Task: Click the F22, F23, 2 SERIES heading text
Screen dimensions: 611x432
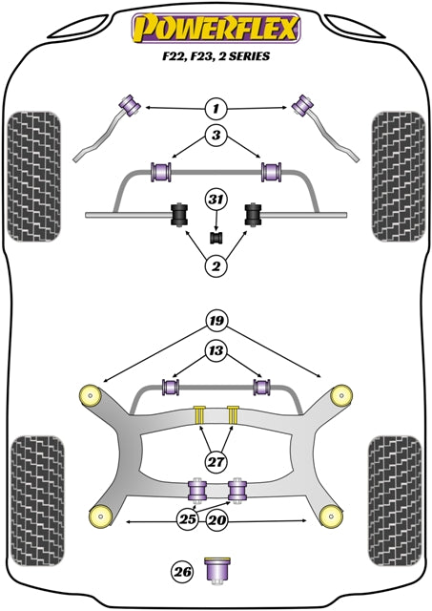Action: pyautogui.click(x=216, y=56)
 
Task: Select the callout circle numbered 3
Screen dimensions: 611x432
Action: pyautogui.click(x=216, y=137)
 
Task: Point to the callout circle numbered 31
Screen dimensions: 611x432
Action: pyautogui.click(x=216, y=199)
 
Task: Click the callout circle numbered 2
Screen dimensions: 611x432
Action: pyautogui.click(x=216, y=266)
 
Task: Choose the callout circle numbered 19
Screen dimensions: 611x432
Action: pyautogui.click(x=216, y=321)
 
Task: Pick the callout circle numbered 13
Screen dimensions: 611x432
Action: pyautogui.click(x=216, y=352)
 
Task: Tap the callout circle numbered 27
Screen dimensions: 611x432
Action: pyautogui.click(x=216, y=462)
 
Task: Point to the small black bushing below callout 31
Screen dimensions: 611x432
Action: pyautogui.click(x=216, y=236)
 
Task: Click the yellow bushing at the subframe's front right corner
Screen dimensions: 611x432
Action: pyautogui.click(x=339, y=394)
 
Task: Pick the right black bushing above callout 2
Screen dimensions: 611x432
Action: pyautogui.click(x=254, y=217)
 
